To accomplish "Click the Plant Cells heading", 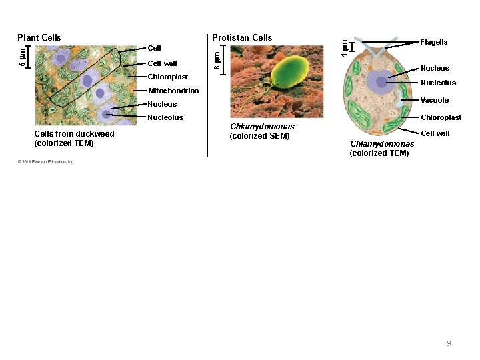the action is point(39,37).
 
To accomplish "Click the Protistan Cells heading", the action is point(242,37).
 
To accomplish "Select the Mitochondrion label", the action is point(173,91).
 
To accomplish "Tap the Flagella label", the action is point(434,42).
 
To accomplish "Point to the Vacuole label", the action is point(435,100).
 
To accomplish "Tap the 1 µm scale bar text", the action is point(344,47).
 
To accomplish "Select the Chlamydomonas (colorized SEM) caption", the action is point(262,131).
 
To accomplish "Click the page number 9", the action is point(449,343).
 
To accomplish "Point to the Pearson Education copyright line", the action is point(46,161).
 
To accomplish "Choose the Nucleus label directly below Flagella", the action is point(435,68).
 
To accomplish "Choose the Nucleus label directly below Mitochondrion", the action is point(162,104).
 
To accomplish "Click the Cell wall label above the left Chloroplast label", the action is point(162,63).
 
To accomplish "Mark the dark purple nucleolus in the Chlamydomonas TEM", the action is point(381,82).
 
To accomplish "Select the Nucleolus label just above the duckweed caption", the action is point(165,117).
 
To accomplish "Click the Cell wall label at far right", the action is point(435,133).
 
